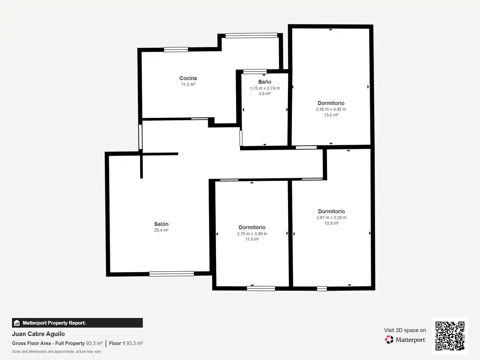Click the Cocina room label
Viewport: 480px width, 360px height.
[x=188, y=78]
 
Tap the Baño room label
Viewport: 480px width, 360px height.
[x=265, y=82]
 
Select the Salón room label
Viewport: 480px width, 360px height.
[x=161, y=224]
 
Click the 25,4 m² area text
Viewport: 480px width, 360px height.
[x=161, y=230]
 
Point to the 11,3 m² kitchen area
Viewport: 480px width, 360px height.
[x=188, y=84]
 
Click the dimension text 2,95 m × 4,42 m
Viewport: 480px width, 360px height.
[x=331, y=109]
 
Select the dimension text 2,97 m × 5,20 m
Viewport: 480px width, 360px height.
[x=331, y=217]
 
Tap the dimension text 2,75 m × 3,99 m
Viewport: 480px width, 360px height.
[x=252, y=234]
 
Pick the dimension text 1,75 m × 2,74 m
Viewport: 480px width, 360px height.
[x=265, y=88]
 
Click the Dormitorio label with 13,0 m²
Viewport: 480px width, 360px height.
[x=331, y=103]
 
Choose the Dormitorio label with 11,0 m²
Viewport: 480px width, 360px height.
[x=252, y=227]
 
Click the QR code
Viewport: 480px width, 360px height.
[x=450, y=336]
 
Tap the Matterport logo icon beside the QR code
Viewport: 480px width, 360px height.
[x=389, y=339]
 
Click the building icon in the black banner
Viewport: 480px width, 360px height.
[x=17, y=323]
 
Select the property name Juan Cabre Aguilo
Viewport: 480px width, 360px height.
[x=38, y=334]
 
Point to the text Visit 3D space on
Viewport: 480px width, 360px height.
[x=405, y=330]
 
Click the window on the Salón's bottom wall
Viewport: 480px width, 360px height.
[x=172, y=274]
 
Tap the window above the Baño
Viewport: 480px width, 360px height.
[x=255, y=71]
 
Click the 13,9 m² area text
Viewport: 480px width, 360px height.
[x=331, y=223]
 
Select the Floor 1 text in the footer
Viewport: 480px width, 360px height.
[x=117, y=343]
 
